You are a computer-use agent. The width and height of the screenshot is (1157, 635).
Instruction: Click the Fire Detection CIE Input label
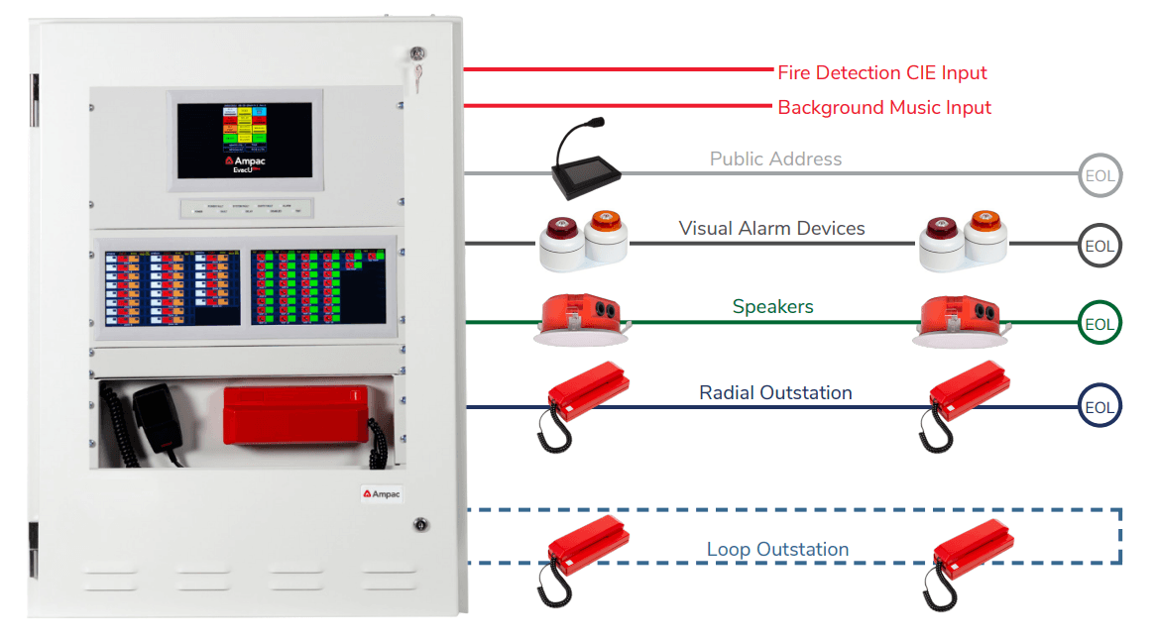pyautogui.click(x=881, y=73)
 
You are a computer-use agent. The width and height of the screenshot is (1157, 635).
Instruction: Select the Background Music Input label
pyautogui.click(x=883, y=107)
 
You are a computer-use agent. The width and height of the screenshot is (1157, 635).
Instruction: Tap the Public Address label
pyautogui.click(x=775, y=159)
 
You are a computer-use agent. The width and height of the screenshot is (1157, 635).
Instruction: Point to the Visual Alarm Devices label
pyautogui.click(x=771, y=229)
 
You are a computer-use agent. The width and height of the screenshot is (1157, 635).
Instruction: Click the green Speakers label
pyautogui.click(x=772, y=307)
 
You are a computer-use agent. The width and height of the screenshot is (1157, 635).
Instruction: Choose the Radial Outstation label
pyautogui.click(x=775, y=392)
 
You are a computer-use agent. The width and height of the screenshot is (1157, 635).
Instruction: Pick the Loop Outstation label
pyautogui.click(x=777, y=549)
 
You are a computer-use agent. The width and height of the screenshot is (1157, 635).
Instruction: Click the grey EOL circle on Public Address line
pyautogui.click(x=1099, y=177)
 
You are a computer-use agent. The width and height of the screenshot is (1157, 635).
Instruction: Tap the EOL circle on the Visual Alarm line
pyautogui.click(x=1099, y=246)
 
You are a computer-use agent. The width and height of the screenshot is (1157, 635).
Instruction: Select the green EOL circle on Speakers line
pyautogui.click(x=1099, y=324)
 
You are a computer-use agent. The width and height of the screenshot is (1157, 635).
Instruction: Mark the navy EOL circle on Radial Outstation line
pyautogui.click(x=1099, y=407)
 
